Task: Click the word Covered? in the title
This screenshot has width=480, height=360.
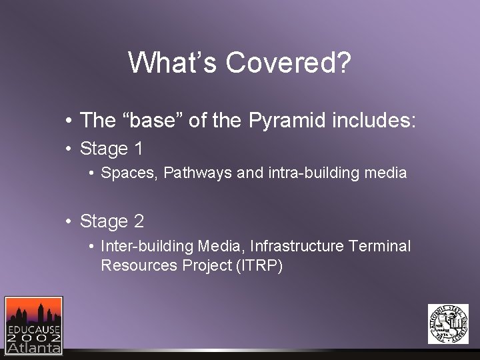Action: [288, 63]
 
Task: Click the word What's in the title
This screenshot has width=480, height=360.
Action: [173, 63]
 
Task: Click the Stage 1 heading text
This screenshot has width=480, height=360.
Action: [111, 148]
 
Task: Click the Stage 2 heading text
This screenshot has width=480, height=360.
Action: [111, 221]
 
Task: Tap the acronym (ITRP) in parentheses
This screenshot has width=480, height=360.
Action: [259, 265]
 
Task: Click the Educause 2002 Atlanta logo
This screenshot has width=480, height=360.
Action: [33, 325]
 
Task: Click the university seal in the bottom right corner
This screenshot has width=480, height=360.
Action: [448, 324]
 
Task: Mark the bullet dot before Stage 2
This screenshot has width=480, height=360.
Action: [69, 222]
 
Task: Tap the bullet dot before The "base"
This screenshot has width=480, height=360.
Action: [69, 121]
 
